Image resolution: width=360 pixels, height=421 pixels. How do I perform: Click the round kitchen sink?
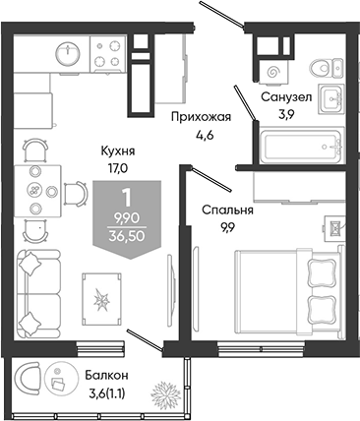click(68, 53)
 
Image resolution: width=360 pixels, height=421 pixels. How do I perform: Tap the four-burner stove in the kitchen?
click(108, 54)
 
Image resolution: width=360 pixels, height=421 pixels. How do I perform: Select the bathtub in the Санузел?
click(302, 146)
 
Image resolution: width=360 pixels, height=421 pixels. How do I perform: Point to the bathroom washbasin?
click(331, 98)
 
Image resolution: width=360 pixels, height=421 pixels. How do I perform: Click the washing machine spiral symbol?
click(272, 72)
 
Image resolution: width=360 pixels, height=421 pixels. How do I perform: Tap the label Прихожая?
click(202, 117)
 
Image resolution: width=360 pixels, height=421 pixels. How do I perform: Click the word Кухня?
click(118, 151)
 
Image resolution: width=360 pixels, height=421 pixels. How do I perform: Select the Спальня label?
click(227, 210)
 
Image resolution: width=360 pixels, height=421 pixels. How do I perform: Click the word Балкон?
click(106, 375)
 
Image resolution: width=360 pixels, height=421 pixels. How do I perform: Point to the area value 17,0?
click(118, 168)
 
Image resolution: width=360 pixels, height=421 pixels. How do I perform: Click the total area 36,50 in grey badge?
click(127, 235)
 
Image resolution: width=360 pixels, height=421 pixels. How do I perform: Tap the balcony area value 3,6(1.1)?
click(106, 392)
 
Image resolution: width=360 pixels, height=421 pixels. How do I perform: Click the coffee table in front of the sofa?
click(101, 299)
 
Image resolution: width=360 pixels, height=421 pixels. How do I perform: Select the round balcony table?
click(60, 380)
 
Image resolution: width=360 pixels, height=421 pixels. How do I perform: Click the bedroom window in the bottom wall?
click(261, 348)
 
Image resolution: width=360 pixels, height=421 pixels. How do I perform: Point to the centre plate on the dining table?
click(34, 190)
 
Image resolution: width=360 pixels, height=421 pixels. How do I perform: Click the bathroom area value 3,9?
click(286, 114)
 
